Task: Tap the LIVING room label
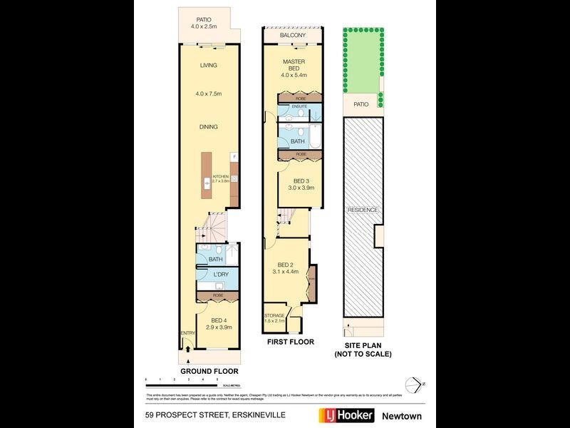click(208, 66)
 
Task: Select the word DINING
click(208, 127)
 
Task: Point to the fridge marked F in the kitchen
click(233, 156)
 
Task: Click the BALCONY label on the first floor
click(293, 35)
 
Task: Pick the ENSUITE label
click(299, 106)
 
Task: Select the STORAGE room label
click(274, 315)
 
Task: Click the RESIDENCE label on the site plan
click(363, 210)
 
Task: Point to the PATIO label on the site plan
click(361, 104)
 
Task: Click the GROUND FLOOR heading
click(209, 372)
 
